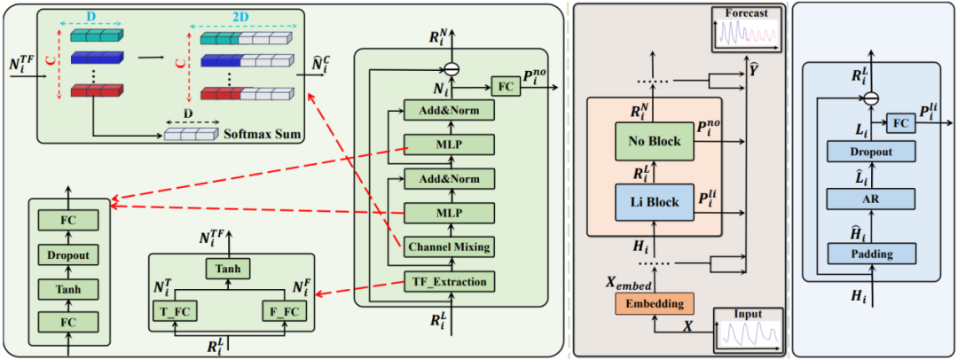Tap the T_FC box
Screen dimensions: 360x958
[176, 311]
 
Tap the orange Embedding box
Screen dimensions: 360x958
[653, 304]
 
